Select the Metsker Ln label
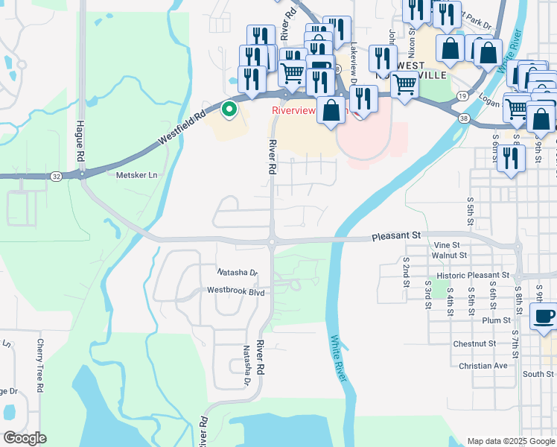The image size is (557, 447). click(x=138, y=175)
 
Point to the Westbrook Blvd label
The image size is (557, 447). click(x=236, y=291)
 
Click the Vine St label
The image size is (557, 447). click(x=447, y=244)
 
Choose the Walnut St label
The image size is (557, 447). click(x=448, y=255)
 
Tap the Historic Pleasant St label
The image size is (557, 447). click(x=472, y=276)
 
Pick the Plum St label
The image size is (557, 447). click(x=494, y=320)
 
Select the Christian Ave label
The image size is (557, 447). click(x=483, y=366)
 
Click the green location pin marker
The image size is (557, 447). click(x=230, y=110)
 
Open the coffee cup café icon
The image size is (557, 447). click(x=543, y=317)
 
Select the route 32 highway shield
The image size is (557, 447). click(x=57, y=177)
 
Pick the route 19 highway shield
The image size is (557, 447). click(x=462, y=96)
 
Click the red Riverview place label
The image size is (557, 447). click(x=295, y=111)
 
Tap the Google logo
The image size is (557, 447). click(x=25, y=437)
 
